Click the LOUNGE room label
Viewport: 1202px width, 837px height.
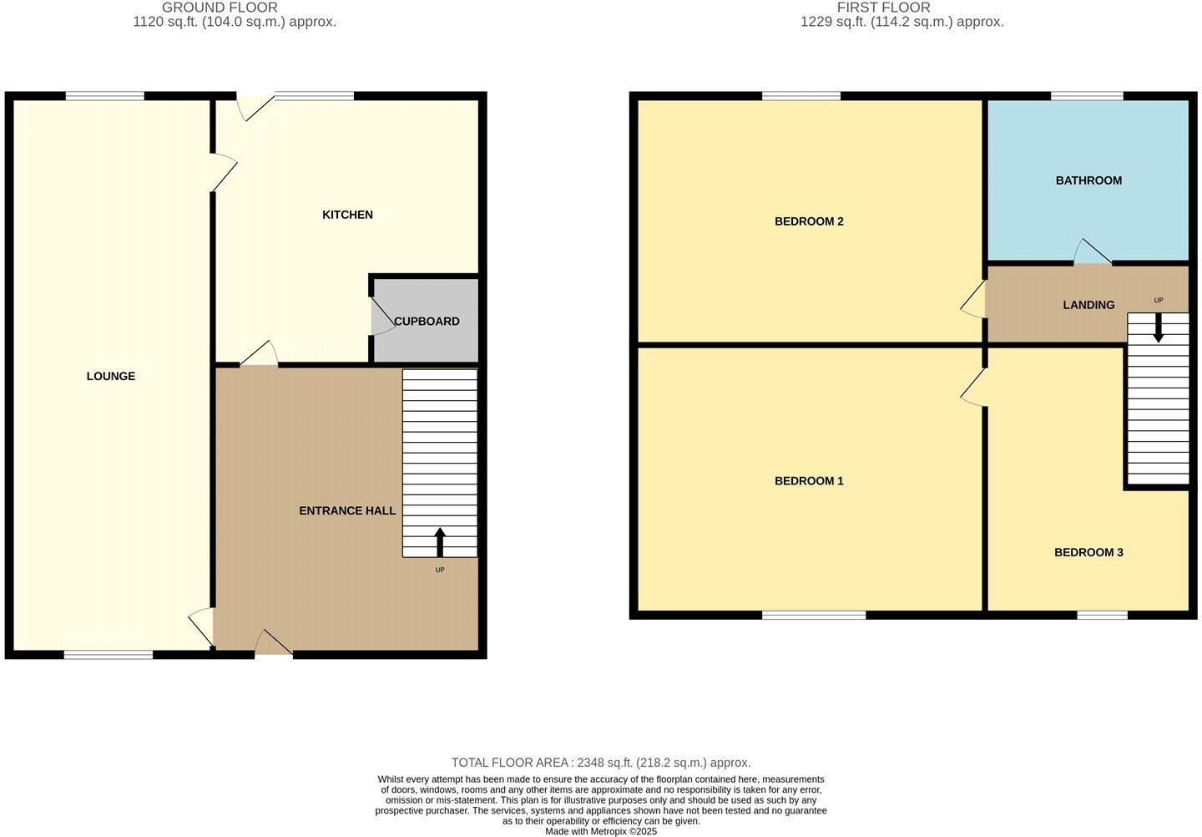111,376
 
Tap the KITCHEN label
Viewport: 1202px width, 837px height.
347,215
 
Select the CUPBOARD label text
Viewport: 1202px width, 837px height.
427,321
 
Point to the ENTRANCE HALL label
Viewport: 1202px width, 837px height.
347,510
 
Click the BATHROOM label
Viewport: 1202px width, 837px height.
1088,180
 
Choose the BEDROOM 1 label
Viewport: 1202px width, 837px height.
809,480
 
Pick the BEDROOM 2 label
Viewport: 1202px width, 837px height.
809,221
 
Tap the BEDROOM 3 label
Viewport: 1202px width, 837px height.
1088,552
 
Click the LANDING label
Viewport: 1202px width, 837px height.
1088,305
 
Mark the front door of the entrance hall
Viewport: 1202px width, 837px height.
273,644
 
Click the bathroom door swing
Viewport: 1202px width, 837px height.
1091,253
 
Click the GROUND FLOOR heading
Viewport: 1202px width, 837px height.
220,8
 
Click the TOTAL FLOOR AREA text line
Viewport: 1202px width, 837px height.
600,763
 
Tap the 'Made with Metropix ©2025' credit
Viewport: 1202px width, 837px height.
600,831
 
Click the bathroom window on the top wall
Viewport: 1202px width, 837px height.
1087,97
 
